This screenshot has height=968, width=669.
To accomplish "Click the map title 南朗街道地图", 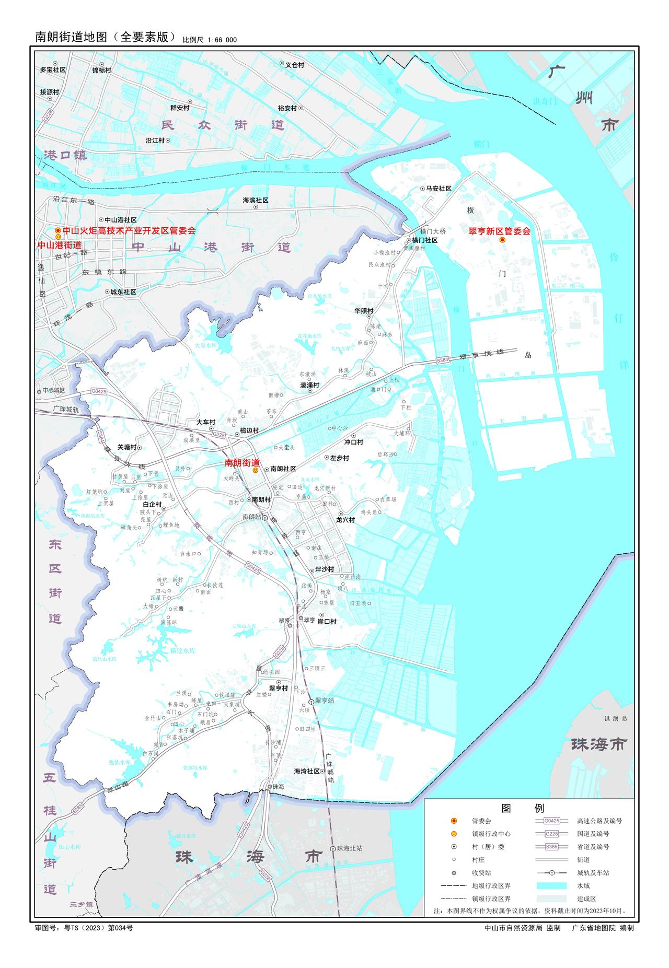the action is click(x=71, y=37).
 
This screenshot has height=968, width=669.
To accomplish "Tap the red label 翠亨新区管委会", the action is click(x=499, y=231).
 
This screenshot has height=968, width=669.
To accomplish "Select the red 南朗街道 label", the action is click(x=242, y=463).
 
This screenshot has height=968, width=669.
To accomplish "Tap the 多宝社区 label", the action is click(x=53, y=69).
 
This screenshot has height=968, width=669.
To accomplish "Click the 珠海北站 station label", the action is click(x=350, y=848).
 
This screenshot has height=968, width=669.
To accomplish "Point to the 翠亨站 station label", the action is click(x=324, y=701).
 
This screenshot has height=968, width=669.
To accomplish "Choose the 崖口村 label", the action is click(x=327, y=622).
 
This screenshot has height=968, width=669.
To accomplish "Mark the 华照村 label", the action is click(x=364, y=311).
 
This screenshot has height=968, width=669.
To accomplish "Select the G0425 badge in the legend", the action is click(x=551, y=821).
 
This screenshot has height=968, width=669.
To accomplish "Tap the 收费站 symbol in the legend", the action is click(x=454, y=873).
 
